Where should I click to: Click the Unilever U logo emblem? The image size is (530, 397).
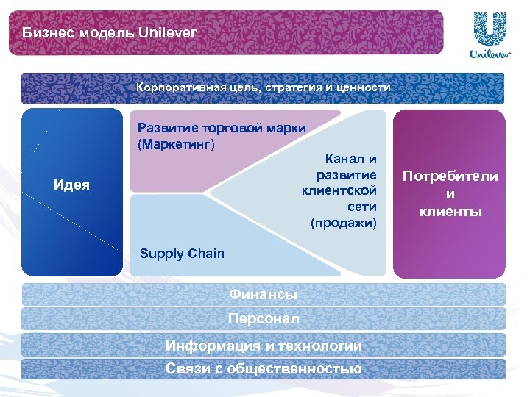487,29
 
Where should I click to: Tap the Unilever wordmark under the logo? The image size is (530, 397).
487,55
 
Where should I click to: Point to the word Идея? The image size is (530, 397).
72,185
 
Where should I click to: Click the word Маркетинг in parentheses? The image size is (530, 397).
177,143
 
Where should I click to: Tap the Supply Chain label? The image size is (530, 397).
182,254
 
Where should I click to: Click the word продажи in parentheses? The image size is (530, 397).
344,221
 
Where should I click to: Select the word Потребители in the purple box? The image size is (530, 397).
450,176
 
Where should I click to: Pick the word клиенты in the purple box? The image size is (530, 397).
451,212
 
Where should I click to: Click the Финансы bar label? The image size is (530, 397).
263,295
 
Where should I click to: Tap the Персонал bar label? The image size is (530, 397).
263,319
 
